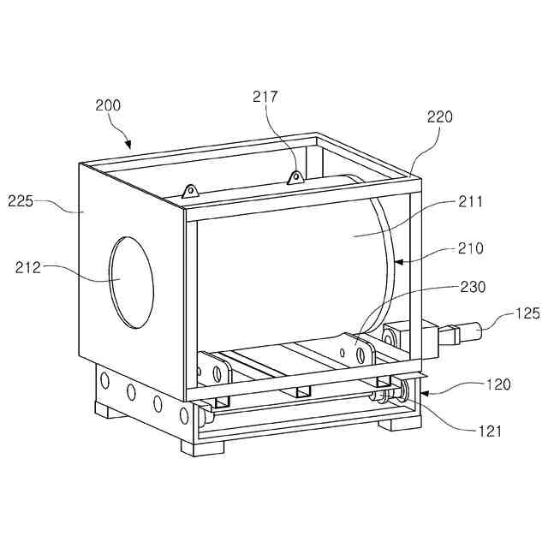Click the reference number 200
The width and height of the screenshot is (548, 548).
(x=108, y=106)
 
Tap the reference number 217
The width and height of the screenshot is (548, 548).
(x=265, y=98)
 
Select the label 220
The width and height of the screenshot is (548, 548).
(x=440, y=117)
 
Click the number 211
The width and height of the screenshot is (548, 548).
(x=470, y=202)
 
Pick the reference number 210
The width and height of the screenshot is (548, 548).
(x=470, y=249)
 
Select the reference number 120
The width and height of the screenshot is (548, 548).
(x=498, y=385)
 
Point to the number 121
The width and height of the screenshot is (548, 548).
(x=490, y=432)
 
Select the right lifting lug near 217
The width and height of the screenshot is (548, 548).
(x=295, y=177)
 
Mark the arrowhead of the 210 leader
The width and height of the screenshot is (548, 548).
(x=396, y=259)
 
